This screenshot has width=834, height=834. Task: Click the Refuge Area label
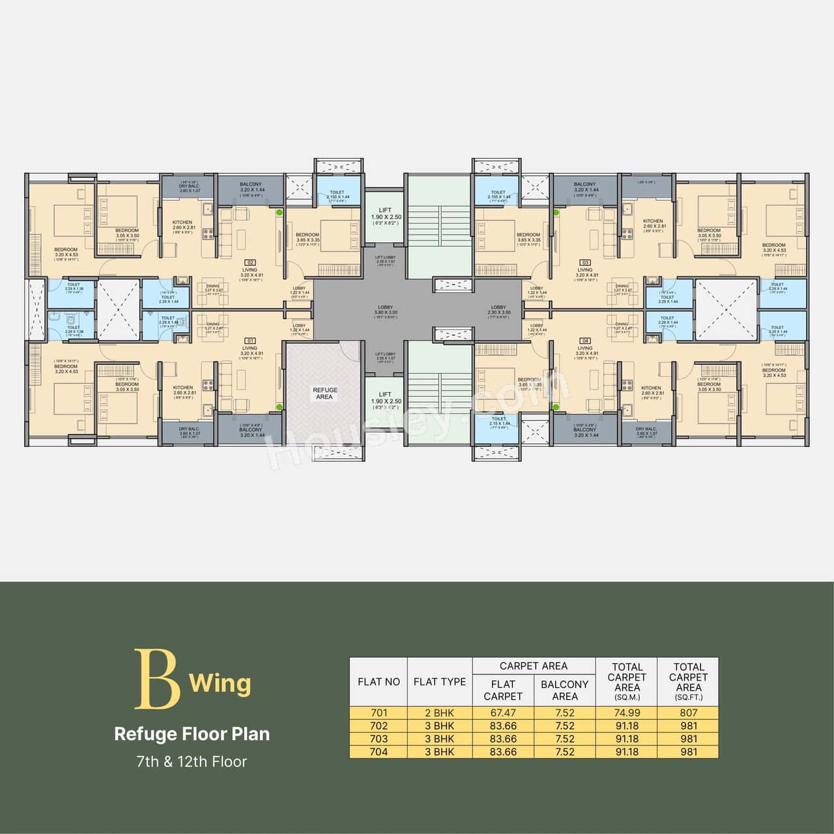[324, 393]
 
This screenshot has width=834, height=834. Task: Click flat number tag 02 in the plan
[250, 262]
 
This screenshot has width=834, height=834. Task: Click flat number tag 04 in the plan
[585, 340]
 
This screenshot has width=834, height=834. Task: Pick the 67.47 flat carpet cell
[503, 713]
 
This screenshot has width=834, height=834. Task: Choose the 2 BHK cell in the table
[440, 713]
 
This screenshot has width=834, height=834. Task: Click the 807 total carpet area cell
[688, 713]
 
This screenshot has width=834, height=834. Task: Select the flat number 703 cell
[379, 739]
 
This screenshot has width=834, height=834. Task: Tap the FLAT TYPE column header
[440, 682]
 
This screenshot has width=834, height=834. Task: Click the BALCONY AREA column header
[565, 690]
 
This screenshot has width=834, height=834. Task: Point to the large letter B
[157, 679]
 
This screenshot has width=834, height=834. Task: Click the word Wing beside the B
[220, 683]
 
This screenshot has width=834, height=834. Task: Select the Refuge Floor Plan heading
[192, 734]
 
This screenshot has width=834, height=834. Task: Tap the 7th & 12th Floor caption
[192, 761]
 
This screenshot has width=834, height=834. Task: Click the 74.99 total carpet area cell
[627, 713]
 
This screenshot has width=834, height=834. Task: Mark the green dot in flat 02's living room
[280, 212]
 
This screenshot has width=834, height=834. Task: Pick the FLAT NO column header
[379, 682]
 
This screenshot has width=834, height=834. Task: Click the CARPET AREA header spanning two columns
[534, 666]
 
